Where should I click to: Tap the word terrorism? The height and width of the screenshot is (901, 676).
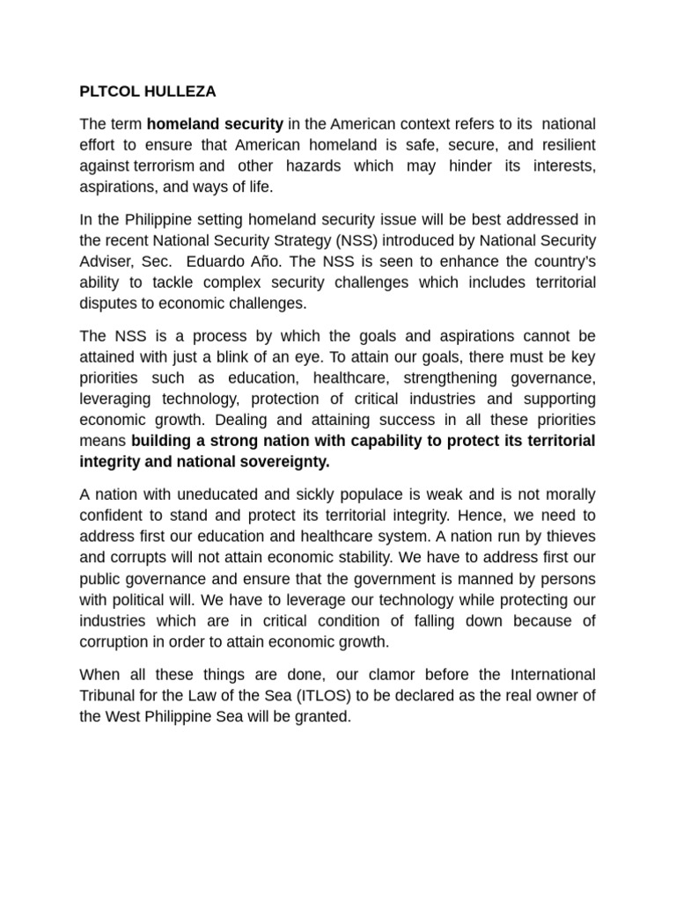tap(164, 166)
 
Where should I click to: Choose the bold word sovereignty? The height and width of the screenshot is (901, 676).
tap(282, 461)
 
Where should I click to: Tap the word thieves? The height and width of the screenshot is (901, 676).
tap(567, 536)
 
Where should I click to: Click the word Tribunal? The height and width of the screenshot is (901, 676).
tap(111, 696)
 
